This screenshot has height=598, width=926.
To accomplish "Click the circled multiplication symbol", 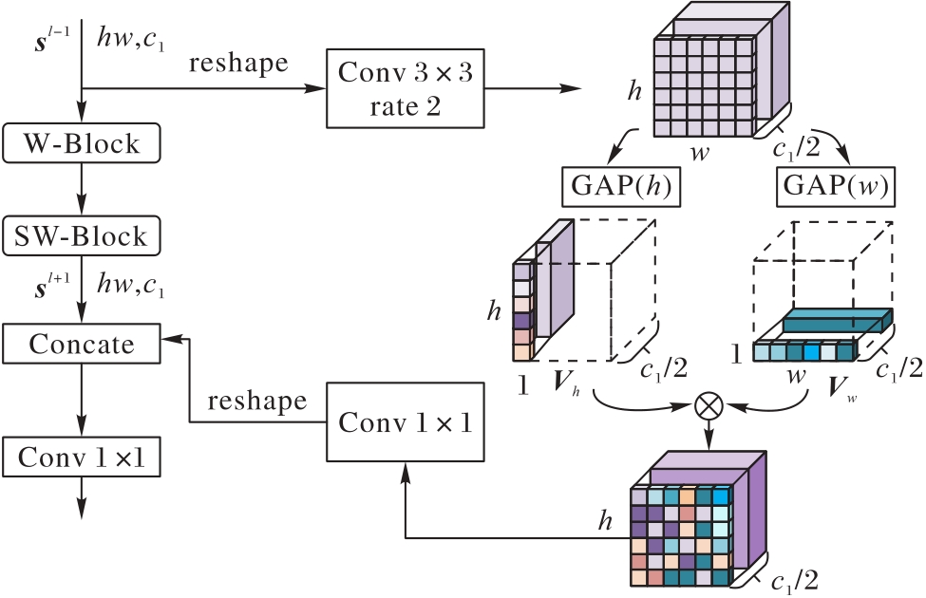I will [708, 404].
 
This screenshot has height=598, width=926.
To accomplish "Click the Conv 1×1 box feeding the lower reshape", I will [406, 420].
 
